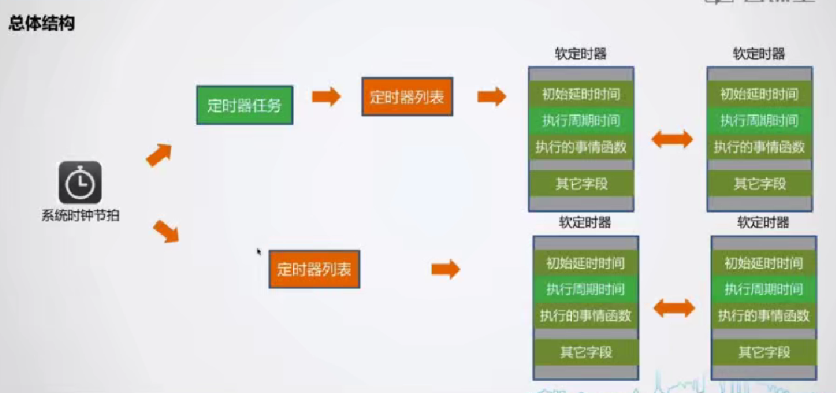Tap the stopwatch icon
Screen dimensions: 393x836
pyautogui.click(x=80, y=183)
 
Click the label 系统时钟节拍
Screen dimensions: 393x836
pyautogui.click(x=80, y=216)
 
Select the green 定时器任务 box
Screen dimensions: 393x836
pyautogui.click(x=244, y=105)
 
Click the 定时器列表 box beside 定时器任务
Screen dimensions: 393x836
pyautogui.click(x=408, y=97)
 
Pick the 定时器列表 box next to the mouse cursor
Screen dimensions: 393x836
pyautogui.click(x=314, y=269)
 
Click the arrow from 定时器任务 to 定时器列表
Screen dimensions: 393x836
pyautogui.click(x=326, y=97)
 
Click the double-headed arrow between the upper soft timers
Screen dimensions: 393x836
pyautogui.click(x=672, y=139)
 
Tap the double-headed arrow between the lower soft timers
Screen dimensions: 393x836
pyautogui.click(x=675, y=308)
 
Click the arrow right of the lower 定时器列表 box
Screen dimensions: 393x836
pyautogui.click(x=446, y=269)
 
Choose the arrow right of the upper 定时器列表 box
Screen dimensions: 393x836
pyautogui.click(x=491, y=96)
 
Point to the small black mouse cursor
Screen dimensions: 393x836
pyautogui.click(x=260, y=253)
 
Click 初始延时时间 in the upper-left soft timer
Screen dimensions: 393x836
pyautogui.click(x=581, y=94)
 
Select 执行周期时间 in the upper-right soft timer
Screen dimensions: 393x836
pyautogui.click(x=759, y=120)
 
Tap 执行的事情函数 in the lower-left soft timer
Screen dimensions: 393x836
pyautogui.click(x=585, y=315)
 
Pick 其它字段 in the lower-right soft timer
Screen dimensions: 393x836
pyautogui.click(x=764, y=351)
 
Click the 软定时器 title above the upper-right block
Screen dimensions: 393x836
pyautogui.click(x=759, y=54)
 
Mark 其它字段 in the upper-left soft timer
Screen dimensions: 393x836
pyautogui.click(x=581, y=183)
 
